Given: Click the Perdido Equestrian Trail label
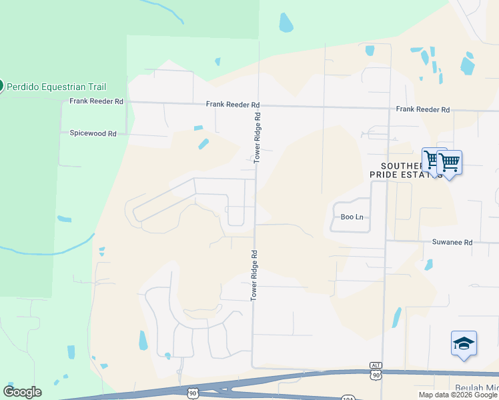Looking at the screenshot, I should point(57,87).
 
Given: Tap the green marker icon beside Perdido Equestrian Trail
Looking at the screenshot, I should point(1,85).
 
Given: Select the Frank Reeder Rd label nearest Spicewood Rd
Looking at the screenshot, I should point(97,101).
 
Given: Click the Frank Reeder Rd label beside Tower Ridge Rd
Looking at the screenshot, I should point(232,105).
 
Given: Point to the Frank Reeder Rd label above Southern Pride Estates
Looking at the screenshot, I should point(422,109).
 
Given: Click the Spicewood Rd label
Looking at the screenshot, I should point(93,133).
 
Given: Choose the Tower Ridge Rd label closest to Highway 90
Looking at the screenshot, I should point(254,275).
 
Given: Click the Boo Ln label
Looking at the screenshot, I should point(351,217).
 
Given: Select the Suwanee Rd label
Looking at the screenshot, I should point(452,242).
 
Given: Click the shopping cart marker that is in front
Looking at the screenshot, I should point(450,162).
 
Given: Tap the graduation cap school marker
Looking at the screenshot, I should point(464,343).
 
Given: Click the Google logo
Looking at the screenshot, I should point(22,392).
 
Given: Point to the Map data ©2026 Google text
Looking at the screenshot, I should point(458,395).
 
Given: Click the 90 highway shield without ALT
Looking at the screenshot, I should point(193,394).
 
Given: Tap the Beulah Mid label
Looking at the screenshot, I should point(477,388).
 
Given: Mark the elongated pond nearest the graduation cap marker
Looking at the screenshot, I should point(397,317).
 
